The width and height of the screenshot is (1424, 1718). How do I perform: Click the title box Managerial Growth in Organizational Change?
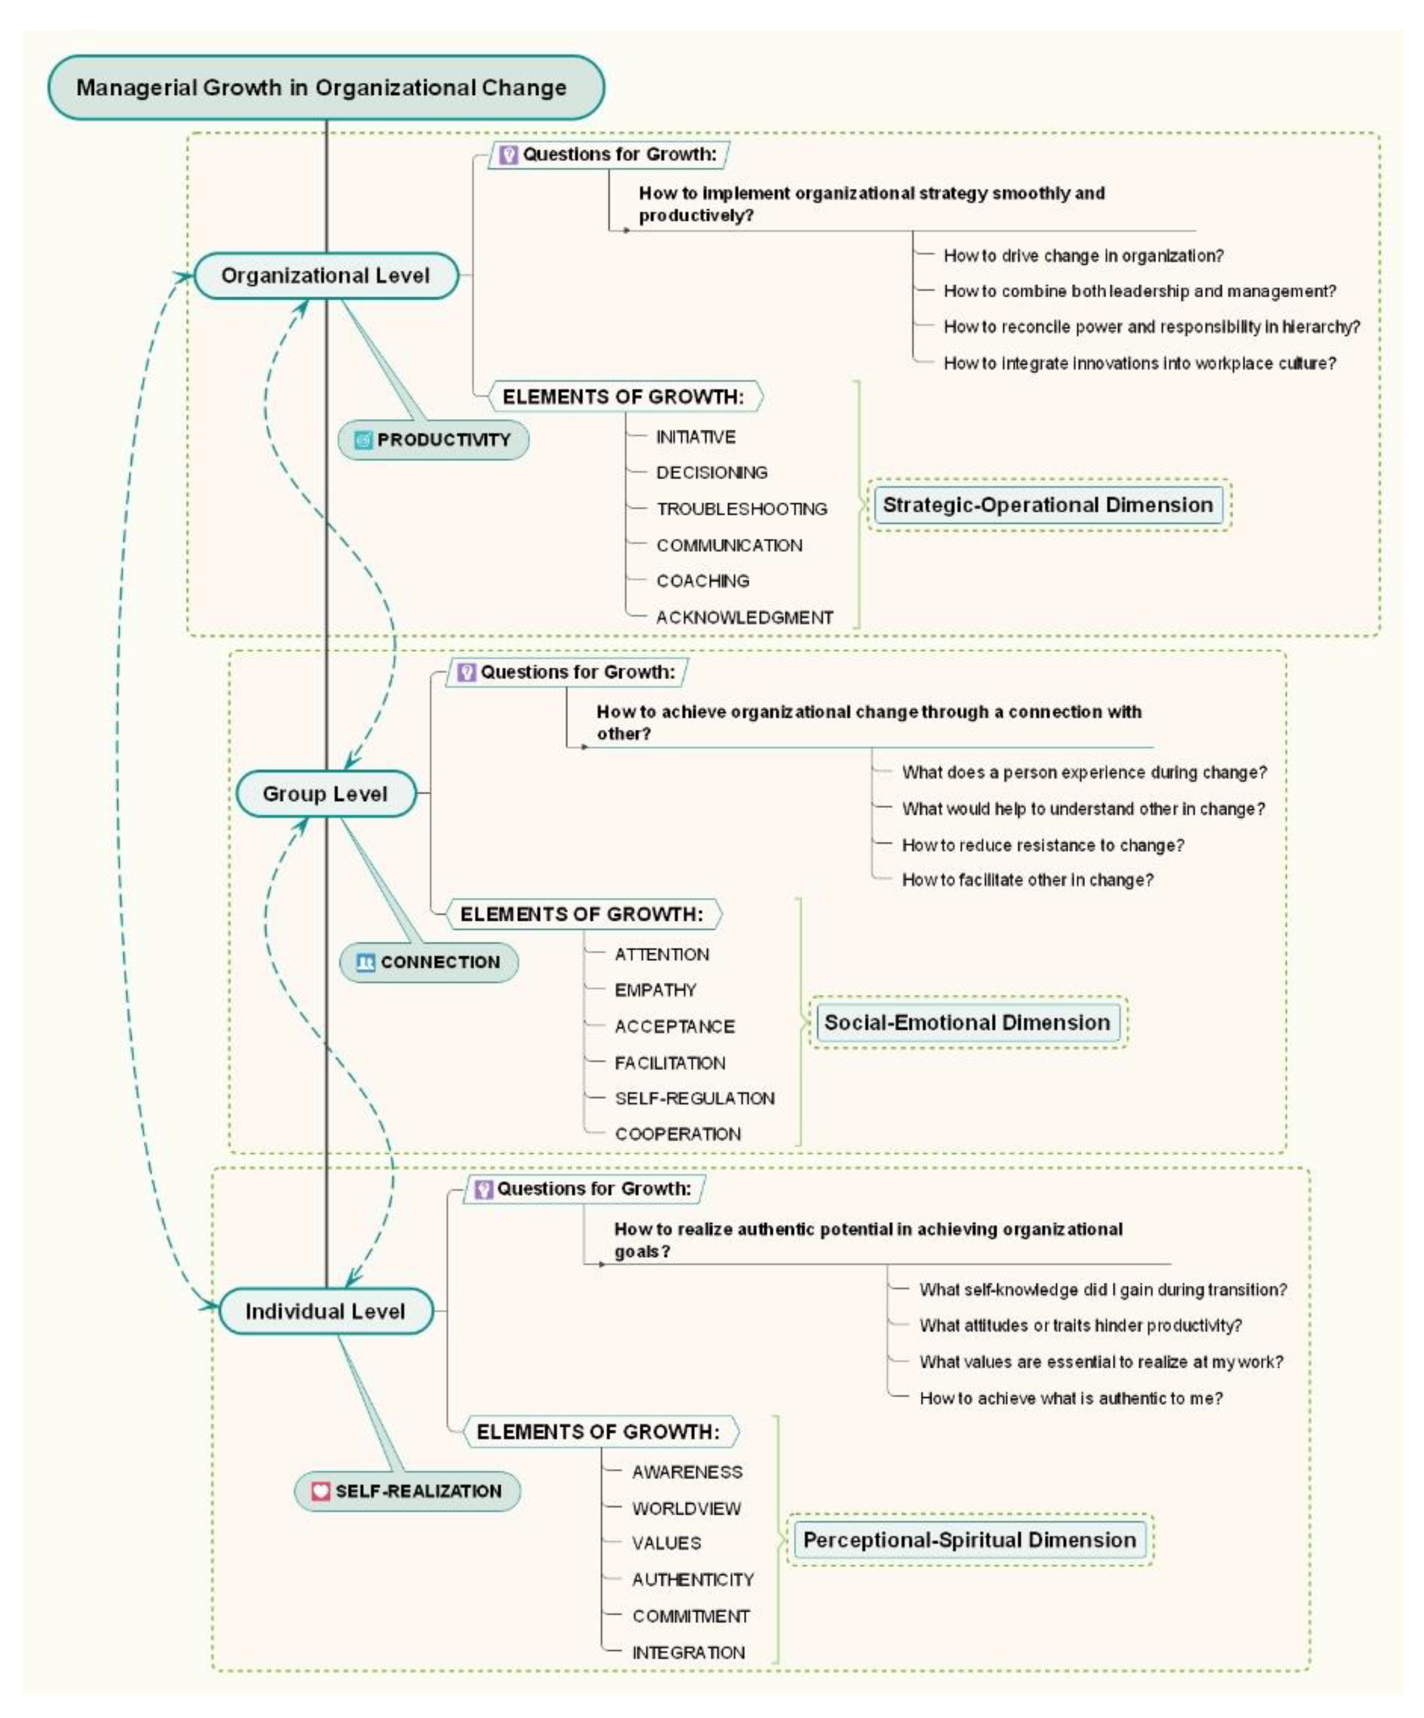tap(326, 88)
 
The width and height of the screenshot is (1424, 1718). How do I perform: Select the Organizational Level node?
tap(326, 276)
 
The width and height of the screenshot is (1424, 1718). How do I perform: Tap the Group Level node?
tap(326, 794)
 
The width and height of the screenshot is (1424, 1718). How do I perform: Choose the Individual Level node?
tap(326, 1311)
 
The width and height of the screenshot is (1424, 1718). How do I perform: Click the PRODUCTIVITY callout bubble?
tap(433, 440)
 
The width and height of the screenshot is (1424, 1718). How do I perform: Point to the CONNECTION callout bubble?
tap(429, 962)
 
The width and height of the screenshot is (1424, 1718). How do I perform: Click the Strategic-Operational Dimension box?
tap(1048, 505)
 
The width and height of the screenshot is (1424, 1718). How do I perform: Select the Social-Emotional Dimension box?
tap(967, 1023)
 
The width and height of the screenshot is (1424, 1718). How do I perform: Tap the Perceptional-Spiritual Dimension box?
tap(970, 1540)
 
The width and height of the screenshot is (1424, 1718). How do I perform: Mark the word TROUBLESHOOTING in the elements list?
tap(742, 509)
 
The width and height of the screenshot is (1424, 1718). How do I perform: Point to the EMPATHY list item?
tap(655, 990)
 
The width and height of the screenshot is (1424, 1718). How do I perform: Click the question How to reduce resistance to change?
tap(1043, 845)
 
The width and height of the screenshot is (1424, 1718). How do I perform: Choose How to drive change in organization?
tap(1084, 255)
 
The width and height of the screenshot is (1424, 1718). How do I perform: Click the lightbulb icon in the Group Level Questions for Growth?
tap(466, 673)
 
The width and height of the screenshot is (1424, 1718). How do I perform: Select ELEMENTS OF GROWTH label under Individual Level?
tap(599, 1432)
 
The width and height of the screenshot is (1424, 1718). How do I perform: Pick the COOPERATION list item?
tap(678, 1134)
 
